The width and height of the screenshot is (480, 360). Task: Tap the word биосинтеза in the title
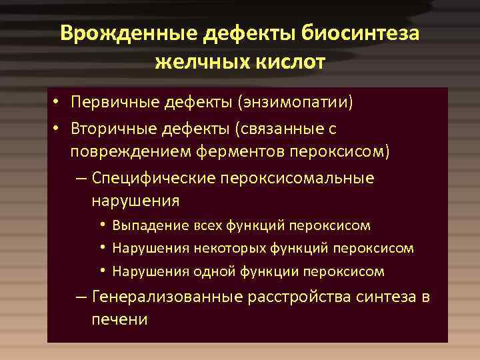tap(360, 34)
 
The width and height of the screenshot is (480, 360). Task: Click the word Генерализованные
tap(168, 297)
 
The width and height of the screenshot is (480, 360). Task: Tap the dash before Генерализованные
tap(81, 297)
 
